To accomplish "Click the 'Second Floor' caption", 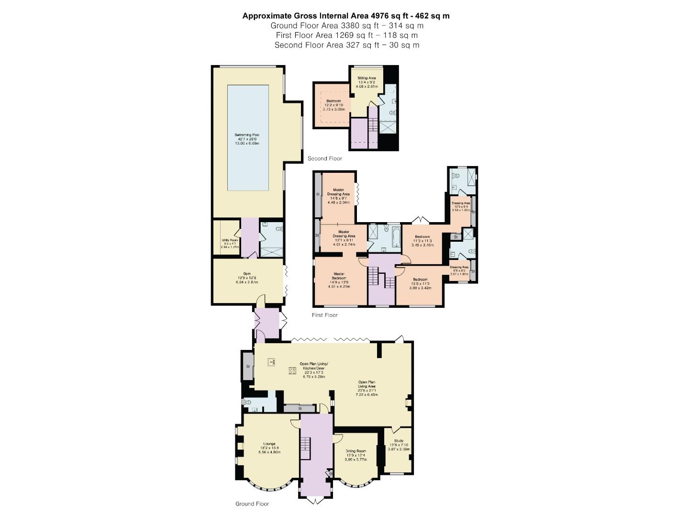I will click(x=324, y=158).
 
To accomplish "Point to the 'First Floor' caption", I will click(x=324, y=315).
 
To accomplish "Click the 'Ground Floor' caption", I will click(x=252, y=504).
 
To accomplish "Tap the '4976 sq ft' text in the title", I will click(x=388, y=16).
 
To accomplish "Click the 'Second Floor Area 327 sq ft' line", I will click(x=346, y=45).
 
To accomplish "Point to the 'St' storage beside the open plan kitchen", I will click(x=248, y=366).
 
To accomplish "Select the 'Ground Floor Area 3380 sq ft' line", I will click(x=346, y=26).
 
